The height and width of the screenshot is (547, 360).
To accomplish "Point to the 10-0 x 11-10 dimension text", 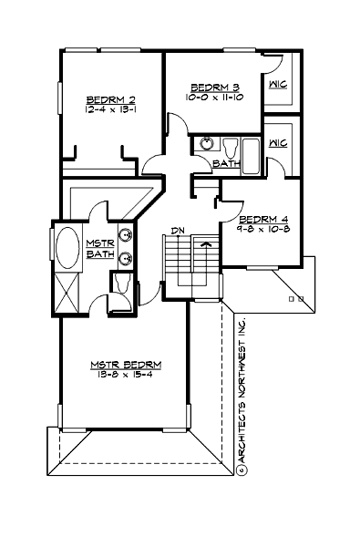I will click(209, 96).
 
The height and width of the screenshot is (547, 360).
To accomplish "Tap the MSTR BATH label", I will click(98, 248).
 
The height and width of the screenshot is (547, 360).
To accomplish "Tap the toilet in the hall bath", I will click(231, 146).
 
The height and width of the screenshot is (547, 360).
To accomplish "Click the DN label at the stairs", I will click(179, 231).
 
